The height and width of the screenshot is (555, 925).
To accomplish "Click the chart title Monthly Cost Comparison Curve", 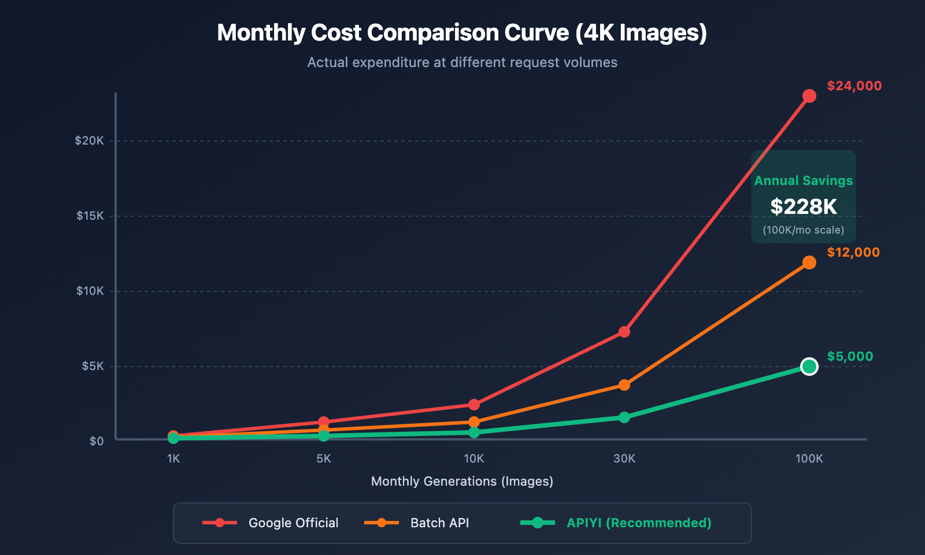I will (x=462, y=33).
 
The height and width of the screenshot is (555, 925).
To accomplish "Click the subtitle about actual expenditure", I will (x=462, y=62).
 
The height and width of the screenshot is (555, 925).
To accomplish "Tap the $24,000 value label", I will (x=854, y=86).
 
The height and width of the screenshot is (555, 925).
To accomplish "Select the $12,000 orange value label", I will (x=853, y=253).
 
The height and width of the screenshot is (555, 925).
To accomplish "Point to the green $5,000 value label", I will (x=849, y=357).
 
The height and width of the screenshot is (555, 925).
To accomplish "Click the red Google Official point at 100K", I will (x=809, y=96).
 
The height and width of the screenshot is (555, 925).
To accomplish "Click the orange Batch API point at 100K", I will (x=809, y=262).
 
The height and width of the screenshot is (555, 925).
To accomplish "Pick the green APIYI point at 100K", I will (x=809, y=367).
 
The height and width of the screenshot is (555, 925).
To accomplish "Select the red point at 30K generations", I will (x=624, y=332).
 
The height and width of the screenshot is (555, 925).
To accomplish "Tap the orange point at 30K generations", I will (x=624, y=385).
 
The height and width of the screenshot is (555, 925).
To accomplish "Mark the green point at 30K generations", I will (x=624, y=417).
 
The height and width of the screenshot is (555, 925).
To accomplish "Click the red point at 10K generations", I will (x=473, y=405).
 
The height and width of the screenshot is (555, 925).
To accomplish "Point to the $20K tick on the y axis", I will (x=90, y=141).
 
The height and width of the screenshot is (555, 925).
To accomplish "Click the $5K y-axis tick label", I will (x=92, y=367).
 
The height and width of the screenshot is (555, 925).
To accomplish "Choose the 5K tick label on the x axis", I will (x=323, y=459).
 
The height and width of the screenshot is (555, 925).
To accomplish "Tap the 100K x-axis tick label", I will (x=809, y=459).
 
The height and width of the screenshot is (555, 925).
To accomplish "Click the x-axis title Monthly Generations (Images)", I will (x=462, y=482).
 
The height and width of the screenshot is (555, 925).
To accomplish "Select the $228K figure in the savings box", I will (x=803, y=207).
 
